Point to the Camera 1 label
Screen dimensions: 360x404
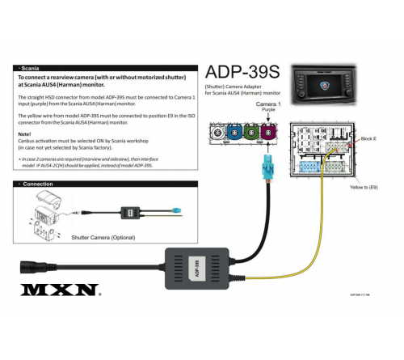click(x=268, y=105)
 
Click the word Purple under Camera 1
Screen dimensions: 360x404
click(x=268, y=112)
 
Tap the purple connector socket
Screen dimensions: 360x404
click(x=268, y=131)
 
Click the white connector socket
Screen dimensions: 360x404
click(x=217, y=131)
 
